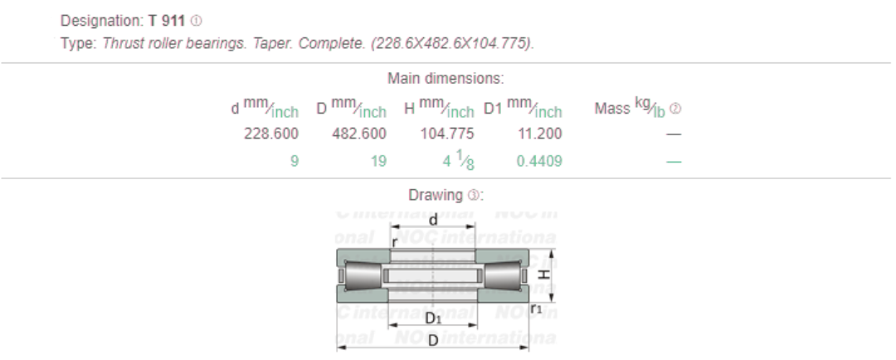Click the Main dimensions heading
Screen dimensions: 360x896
[446, 79]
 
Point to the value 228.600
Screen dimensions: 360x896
[271, 134]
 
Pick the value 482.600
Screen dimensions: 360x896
[359, 134]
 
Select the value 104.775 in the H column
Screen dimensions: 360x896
[448, 134]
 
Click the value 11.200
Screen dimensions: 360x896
[538, 134]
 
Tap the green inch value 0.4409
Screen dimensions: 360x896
[538, 162]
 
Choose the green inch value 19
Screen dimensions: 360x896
[378, 162]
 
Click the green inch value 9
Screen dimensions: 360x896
[294, 162]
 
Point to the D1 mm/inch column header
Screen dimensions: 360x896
[523, 109]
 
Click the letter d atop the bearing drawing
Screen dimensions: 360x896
[432, 219]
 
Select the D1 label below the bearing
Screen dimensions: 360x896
[432, 319]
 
